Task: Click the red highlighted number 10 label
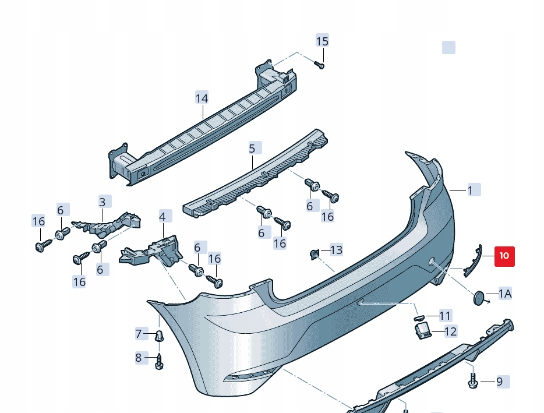(504, 255)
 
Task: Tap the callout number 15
(322, 41)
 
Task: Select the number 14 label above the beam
(202, 98)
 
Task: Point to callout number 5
(252, 149)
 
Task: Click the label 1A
(505, 294)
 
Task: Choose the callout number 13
(336, 250)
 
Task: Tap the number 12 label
(451, 331)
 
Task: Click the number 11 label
(446, 316)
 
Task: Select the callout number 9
(499, 382)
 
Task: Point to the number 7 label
(139, 334)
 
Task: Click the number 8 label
(139, 358)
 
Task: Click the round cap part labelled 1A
(480, 298)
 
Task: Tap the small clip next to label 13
(314, 253)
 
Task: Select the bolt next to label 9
(472, 381)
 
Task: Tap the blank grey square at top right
(448, 47)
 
